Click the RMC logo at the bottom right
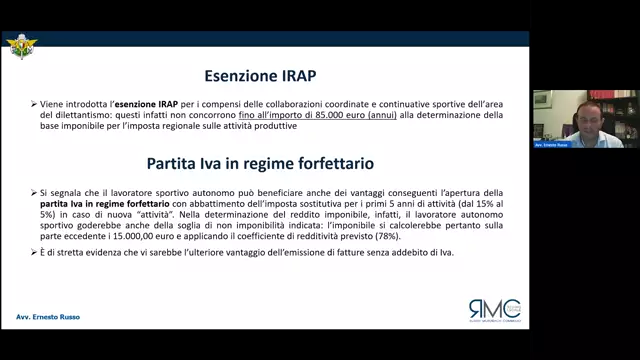[494, 309]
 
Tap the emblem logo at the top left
[19, 47]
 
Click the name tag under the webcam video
[551, 144]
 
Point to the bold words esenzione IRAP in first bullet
[159, 103]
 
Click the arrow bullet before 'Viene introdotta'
[33, 103]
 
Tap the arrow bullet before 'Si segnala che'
[33, 189]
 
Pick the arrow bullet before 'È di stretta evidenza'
[33, 253]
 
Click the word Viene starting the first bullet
[56, 103]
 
